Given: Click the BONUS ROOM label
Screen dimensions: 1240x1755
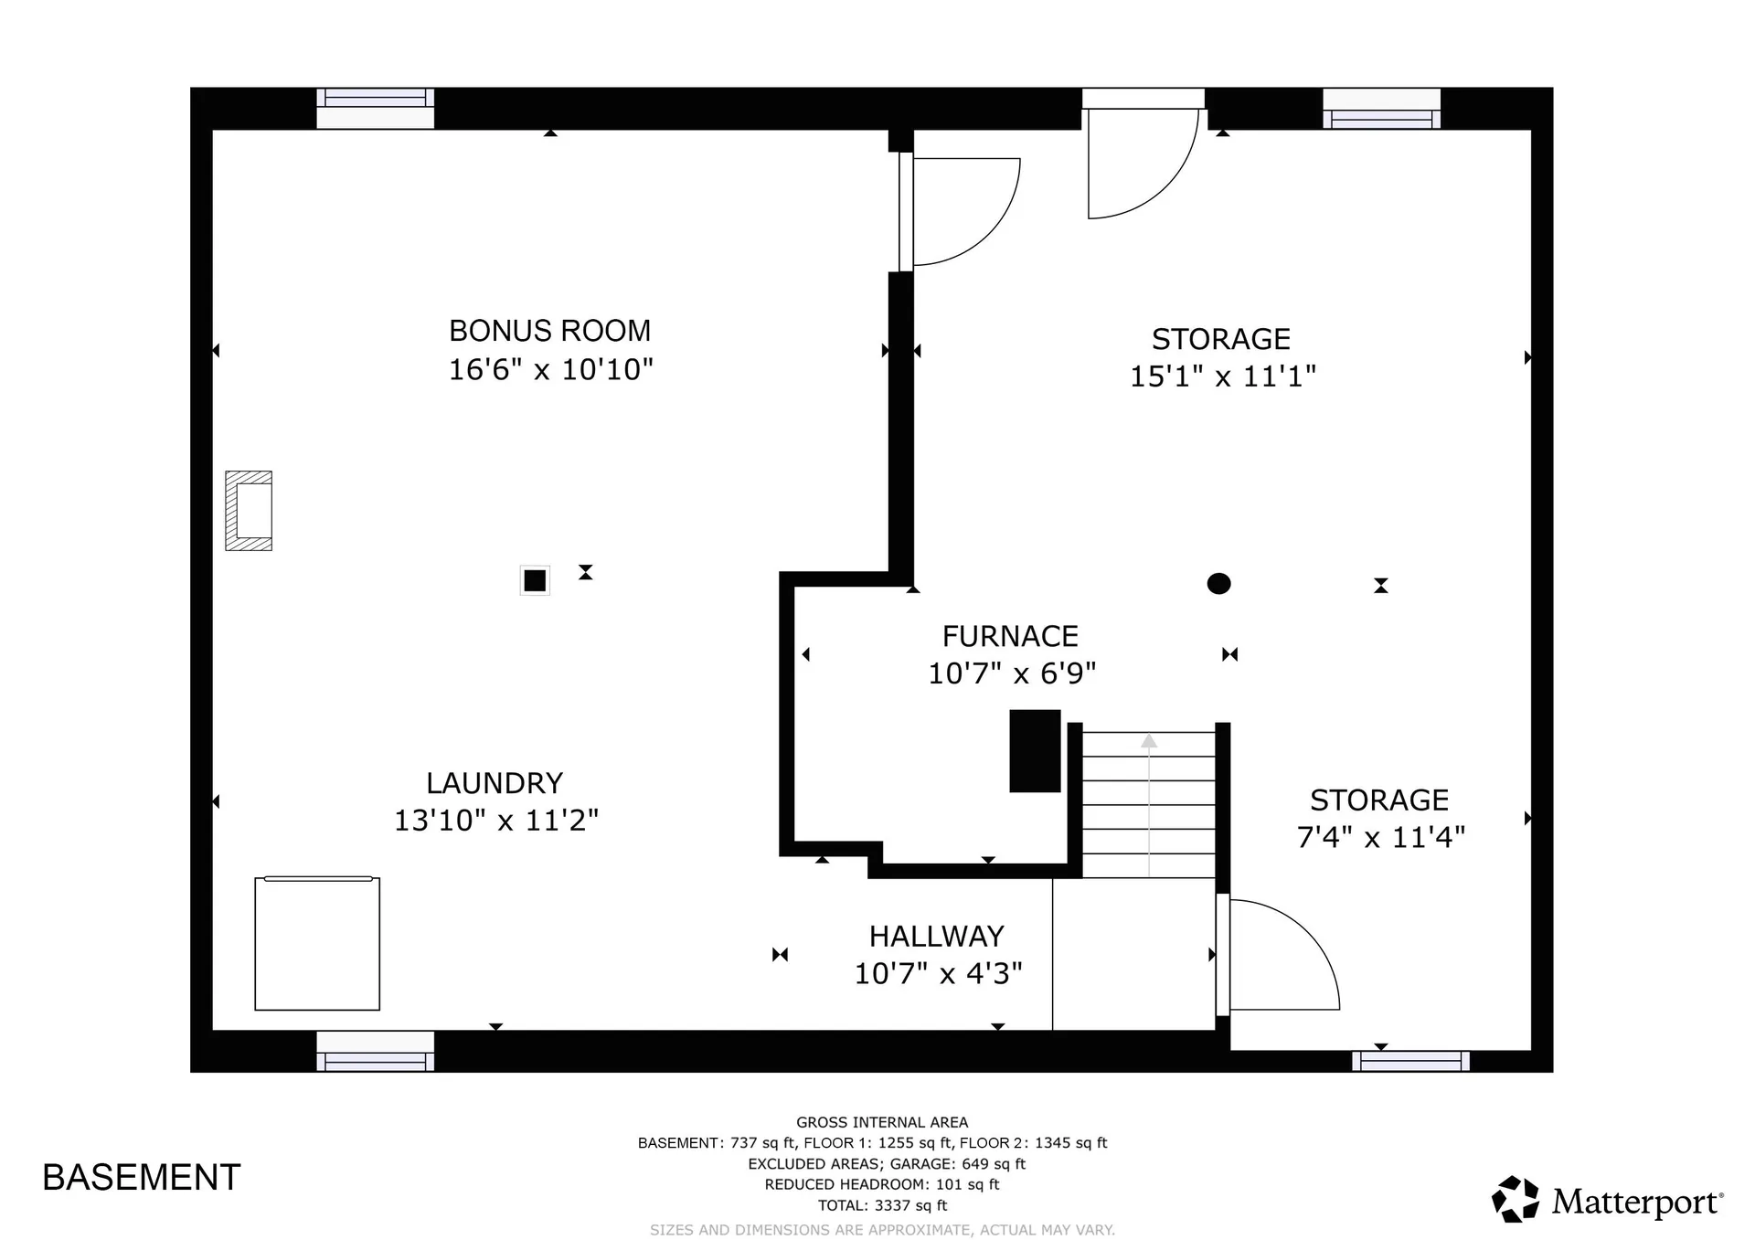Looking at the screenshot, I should [549, 331].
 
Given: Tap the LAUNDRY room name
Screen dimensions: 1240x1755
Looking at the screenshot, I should [494, 783].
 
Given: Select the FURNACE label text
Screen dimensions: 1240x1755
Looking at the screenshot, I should [1010, 636].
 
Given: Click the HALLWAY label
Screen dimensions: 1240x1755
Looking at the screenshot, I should [936, 936].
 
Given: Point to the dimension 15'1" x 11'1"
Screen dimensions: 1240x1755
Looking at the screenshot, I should [1222, 376].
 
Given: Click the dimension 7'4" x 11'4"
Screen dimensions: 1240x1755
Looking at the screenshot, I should [1380, 837].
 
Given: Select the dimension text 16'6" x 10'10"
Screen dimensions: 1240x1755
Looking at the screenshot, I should [550, 370].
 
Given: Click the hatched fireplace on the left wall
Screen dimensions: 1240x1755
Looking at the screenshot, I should [249, 511].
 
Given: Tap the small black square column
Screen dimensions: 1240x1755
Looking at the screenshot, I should [535, 580].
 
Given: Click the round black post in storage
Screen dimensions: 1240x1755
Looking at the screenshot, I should [1218, 583].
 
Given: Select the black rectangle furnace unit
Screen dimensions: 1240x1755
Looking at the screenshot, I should [1035, 750].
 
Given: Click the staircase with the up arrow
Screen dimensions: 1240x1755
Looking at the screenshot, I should [1149, 804].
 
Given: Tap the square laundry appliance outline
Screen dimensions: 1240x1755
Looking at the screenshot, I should [317, 944].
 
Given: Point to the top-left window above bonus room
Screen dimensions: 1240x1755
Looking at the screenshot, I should [375, 108].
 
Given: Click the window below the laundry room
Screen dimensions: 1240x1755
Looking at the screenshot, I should [375, 1051].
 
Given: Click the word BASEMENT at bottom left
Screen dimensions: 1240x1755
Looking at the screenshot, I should [142, 1178].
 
